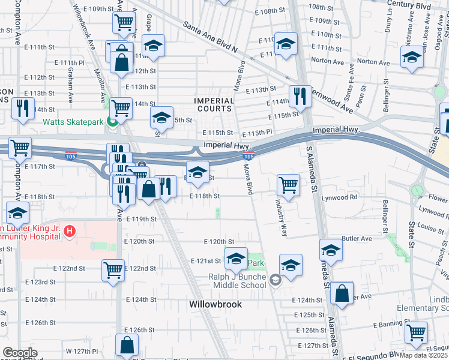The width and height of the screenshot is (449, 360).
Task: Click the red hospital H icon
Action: pos(70,230)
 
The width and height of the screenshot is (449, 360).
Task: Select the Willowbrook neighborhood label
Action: pos(215,304)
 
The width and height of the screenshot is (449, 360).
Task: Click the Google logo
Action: pos(20,352)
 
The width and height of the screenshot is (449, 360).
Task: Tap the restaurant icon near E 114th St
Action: pos(299,95)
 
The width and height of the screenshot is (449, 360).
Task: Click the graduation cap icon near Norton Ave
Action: pos(412,57)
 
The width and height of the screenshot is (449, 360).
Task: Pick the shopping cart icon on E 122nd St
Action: pos(113,270)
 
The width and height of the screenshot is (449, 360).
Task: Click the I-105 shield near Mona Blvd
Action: pos(248,157)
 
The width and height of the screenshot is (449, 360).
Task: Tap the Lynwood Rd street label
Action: pos(340,197)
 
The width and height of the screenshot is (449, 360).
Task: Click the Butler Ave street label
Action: pos(354,238)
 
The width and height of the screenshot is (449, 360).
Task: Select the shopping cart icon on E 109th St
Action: pos(124,23)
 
